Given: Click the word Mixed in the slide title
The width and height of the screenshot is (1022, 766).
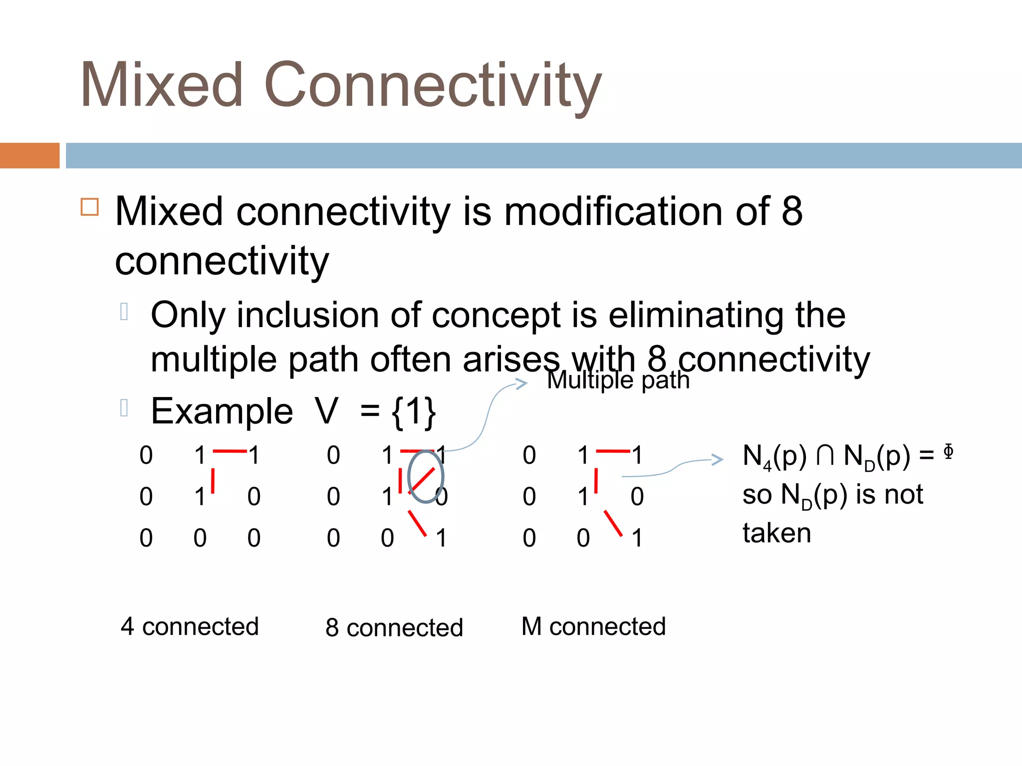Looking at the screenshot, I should coord(162,85).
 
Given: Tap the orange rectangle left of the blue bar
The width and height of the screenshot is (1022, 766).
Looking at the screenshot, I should coord(29,156).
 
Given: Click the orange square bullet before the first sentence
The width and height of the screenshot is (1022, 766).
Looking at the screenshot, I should coord(90,206).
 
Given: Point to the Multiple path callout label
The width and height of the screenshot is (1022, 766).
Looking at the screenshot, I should coord(618,380).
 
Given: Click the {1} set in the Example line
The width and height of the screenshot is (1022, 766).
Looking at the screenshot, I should coord(414,412).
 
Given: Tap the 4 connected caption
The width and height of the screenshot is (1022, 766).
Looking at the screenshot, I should coord(190,626).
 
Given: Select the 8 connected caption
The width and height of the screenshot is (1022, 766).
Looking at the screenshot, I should coord(394,627).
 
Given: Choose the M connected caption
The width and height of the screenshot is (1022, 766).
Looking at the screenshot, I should coord(593,626).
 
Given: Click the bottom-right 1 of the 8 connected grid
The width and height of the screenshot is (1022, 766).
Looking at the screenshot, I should coord(441,538).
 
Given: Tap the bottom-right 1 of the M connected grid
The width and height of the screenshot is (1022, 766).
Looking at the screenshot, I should coord(637,538).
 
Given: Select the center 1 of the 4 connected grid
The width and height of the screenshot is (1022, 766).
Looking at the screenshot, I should coord(200,497).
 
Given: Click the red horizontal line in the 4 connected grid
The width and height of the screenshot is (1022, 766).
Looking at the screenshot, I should coord(230,451).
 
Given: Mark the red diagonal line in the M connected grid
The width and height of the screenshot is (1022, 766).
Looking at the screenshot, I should coord(613,523).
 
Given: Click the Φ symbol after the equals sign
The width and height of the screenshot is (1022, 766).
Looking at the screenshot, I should coord(948,451).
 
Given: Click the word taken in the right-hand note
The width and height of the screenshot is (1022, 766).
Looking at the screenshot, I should coord(776,533).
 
